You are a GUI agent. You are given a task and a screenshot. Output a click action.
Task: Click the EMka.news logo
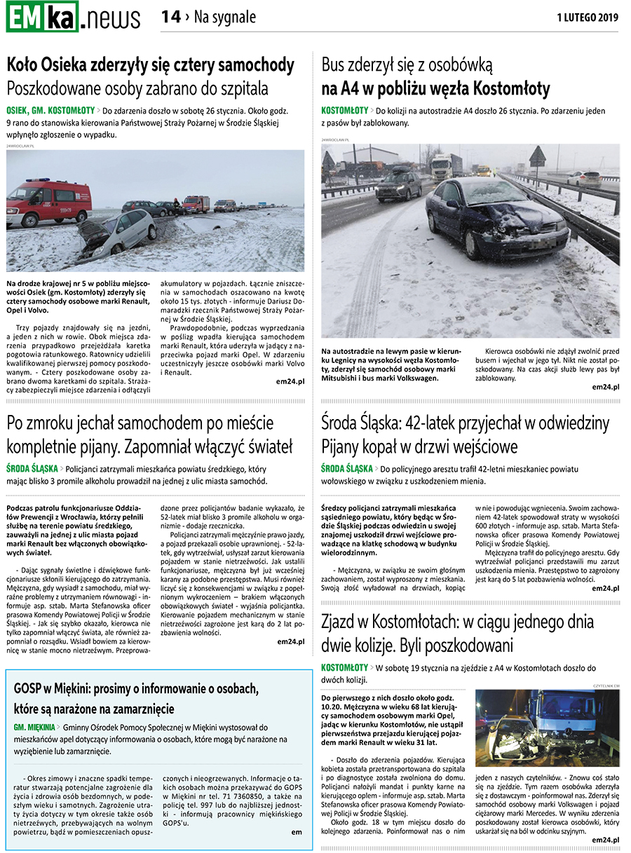tap(73, 18)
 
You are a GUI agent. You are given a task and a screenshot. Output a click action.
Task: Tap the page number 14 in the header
tap(170, 18)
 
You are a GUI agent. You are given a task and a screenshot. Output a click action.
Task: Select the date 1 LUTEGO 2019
tap(588, 18)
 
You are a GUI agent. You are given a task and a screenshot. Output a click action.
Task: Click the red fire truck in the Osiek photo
tap(48, 201)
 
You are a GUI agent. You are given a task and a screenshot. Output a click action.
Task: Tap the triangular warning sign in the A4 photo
tap(538, 158)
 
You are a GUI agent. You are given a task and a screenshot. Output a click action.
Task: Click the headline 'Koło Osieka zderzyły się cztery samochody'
tap(150, 65)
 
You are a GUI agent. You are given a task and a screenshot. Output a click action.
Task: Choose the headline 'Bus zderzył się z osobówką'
tap(407, 65)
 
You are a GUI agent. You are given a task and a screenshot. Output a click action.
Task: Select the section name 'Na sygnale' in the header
tap(224, 18)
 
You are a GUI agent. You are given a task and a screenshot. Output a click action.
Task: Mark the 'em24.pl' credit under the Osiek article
tap(290, 381)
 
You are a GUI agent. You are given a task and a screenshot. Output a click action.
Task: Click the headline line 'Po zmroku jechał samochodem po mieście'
tap(140, 423)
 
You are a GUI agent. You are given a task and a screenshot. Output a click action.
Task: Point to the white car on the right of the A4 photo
tap(584, 179)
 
